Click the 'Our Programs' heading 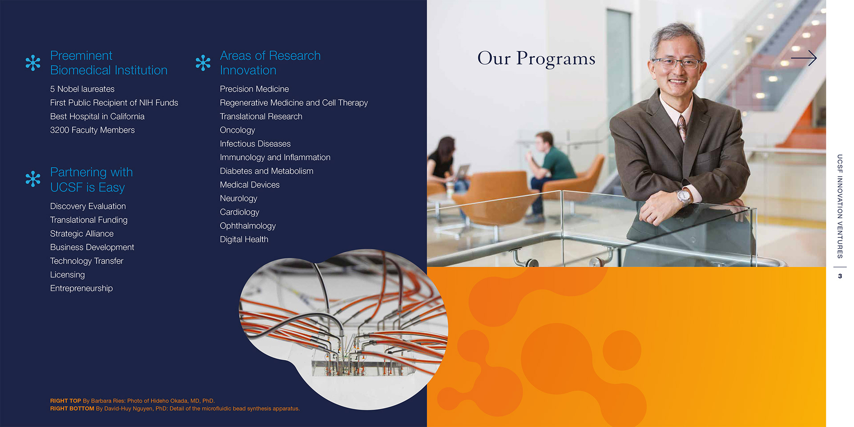(536, 59)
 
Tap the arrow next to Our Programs (804, 58)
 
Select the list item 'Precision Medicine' (254, 89)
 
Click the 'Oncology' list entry (238, 130)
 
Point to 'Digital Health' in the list (244, 239)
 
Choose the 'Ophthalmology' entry (248, 226)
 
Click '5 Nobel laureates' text (82, 89)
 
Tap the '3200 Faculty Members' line (93, 130)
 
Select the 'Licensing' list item (68, 275)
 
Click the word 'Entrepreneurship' (81, 288)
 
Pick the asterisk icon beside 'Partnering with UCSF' (33, 179)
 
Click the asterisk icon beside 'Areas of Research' (203, 63)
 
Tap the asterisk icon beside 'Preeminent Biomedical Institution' (33, 63)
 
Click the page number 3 (840, 276)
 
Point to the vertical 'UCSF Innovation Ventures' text (840, 206)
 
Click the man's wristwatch (683, 196)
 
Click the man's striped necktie (681, 126)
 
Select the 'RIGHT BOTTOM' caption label (72, 408)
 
